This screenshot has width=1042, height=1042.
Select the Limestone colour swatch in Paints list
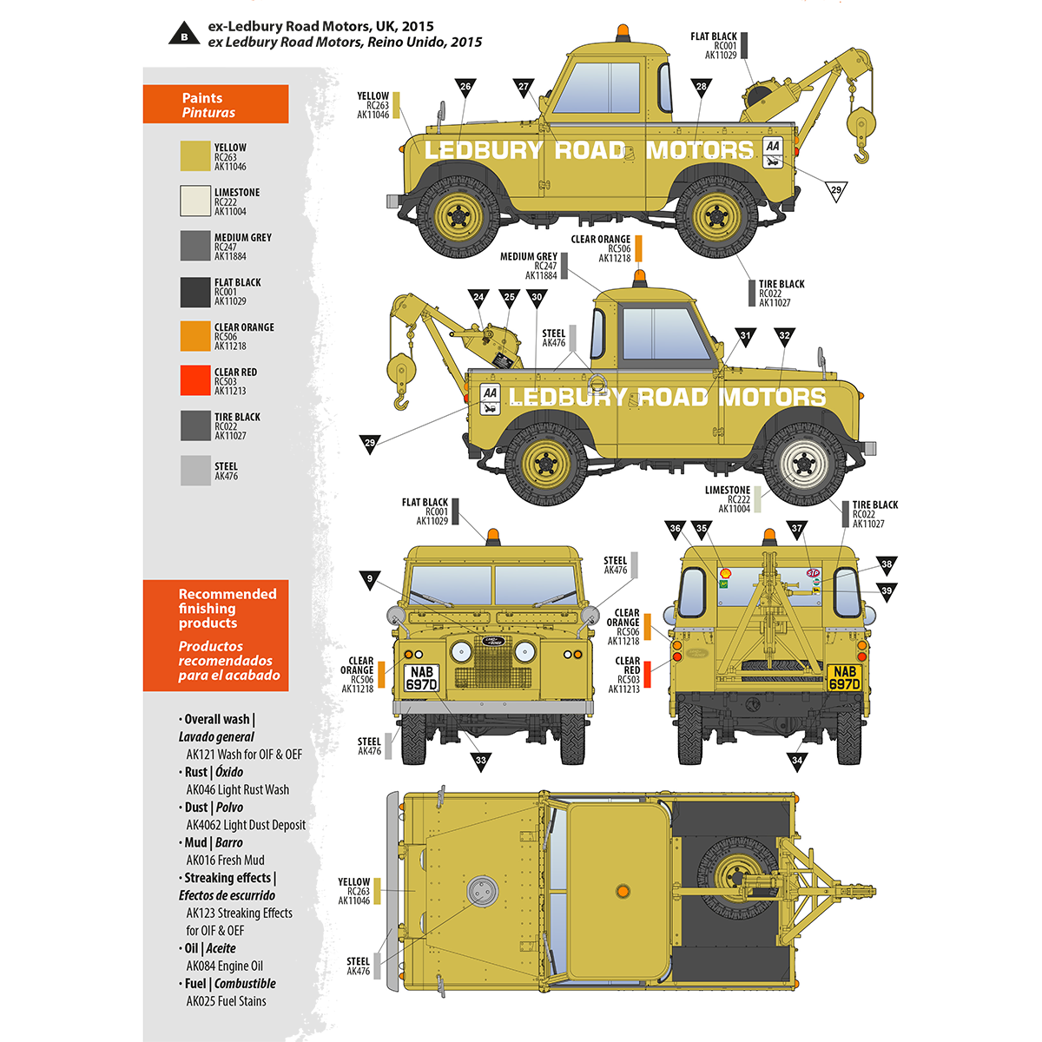pyautogui.click(x=195, y=201)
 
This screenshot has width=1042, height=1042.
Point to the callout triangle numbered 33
pyautogui.click(x=481, y=762)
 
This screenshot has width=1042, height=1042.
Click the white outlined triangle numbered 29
pyautogui.click(x=835, y=191)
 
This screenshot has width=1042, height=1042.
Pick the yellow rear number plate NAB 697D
pyautogui.click(x=844, y=678)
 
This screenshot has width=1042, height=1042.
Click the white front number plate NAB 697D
pyautogui.click(x=422, y=678)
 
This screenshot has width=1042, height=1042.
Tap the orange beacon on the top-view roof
pyautogui.click(x=622, y=891)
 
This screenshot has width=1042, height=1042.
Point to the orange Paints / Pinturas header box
pyautogui.click(x=215, y=104)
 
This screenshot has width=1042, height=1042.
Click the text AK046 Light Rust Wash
pyautogui.click(x=237, y=790)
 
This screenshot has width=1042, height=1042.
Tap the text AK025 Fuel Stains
pyautogui.click(x=226, y=1001)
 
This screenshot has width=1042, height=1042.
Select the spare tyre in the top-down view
pyautogui.click(x=736, y=877)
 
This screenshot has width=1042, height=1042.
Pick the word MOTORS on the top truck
pyautogui.click(x=700, y=150)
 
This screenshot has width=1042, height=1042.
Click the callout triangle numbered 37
pyautogui.click(x=796, y=528)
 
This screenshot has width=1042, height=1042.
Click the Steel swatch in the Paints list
pyautogui.click(x=195, y=471)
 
